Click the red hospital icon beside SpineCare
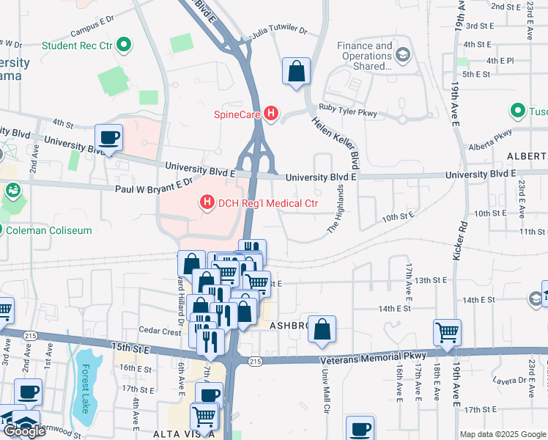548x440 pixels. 271,114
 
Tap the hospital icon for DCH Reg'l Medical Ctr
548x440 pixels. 207,202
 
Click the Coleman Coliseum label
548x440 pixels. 50,230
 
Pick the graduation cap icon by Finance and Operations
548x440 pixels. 402,55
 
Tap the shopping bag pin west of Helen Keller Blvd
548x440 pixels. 297,72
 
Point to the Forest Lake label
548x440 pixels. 86,389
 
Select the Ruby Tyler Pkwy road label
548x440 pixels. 347,114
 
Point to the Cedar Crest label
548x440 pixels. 161,331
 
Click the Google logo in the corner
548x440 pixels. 24,431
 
